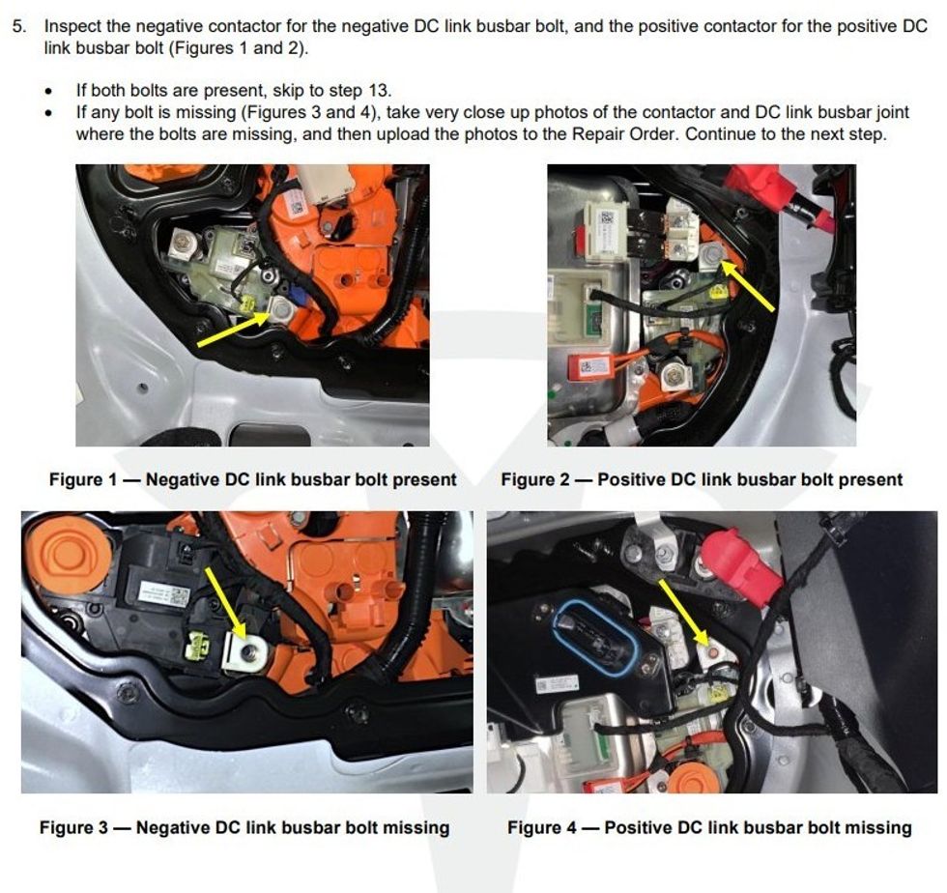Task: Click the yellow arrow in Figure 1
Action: click(x=233, y=330)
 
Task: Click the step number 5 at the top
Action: click(x=19, y=27)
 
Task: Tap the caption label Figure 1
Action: click(x=83, y=479)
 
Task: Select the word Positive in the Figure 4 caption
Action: click(x=638, y=827)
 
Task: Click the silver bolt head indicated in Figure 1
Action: click(x=281, y=310)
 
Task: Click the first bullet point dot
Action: click(x=48, y=92)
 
